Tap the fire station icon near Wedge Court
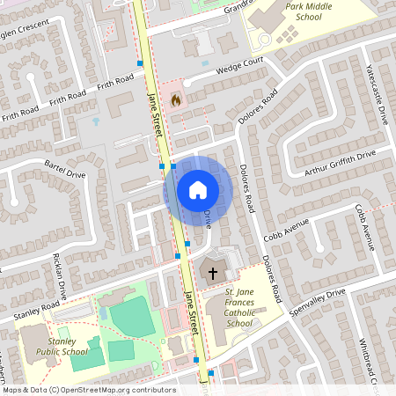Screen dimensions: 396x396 click(175, 100)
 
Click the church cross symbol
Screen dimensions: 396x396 click(212, 274)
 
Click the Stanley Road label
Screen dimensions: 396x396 click(37, 310)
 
